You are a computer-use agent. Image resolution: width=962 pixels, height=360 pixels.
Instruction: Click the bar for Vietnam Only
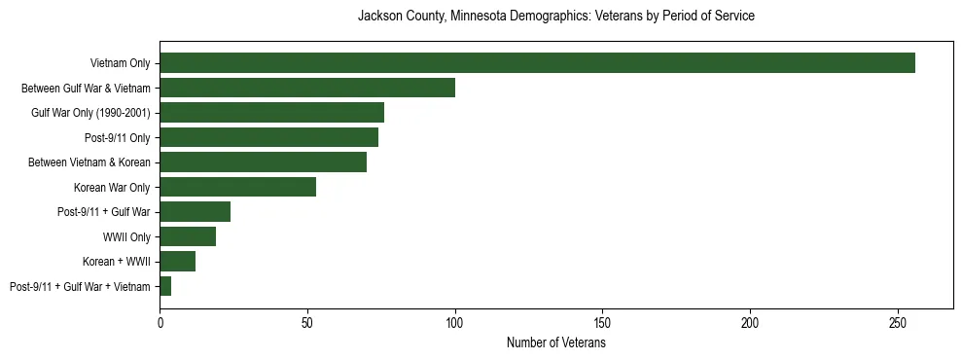pos(537,63)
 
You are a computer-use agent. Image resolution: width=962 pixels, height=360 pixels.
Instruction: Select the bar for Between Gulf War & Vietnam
pos(307,88)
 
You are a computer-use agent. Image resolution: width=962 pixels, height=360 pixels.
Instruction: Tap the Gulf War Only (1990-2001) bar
pos(271,113)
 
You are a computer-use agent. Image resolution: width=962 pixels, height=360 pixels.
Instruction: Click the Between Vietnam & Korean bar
pos(263,162)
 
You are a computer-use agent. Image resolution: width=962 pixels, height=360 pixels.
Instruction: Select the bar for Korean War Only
pos(237,187)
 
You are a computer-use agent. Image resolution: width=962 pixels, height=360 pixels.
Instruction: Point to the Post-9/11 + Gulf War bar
pos(195,212)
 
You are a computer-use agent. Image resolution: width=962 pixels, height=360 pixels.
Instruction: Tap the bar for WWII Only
pos(188,236)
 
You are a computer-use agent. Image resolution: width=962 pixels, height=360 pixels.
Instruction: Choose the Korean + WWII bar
pos(177,262)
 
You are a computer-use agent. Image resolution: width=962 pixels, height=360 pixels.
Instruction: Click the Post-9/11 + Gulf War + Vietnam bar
pos(165,286)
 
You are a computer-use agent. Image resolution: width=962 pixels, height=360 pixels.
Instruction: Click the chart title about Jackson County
pos(556,17)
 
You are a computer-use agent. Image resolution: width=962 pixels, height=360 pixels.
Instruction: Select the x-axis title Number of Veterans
pos(556,342)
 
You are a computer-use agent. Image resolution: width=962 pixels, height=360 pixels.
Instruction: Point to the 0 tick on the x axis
pos(160,321)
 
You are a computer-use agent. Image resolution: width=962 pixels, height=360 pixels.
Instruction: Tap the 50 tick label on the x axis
pos(307,321)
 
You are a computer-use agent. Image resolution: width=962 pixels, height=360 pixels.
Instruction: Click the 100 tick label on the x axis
pos(455,321)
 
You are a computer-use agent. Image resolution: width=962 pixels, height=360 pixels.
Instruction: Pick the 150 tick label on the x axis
pos(602,321)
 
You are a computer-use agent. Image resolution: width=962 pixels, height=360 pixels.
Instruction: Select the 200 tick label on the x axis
pos(750,321)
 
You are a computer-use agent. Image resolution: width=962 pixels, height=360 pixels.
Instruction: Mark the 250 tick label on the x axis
pos(898,321)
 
